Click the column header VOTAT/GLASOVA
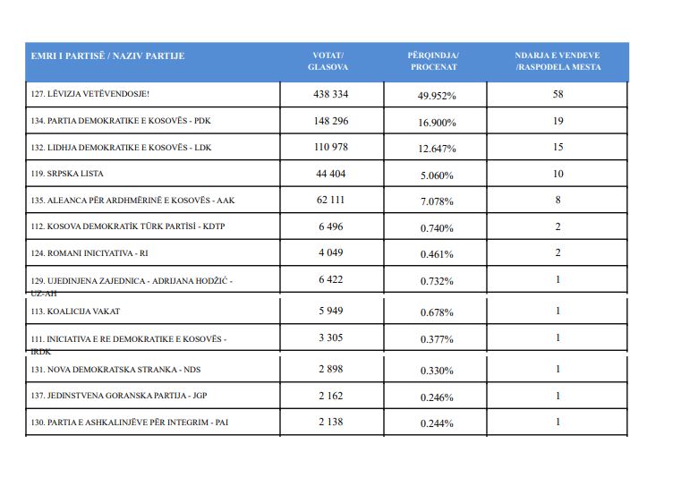pyautogui.click(x=328, y=61)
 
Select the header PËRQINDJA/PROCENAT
pyautogui.click(x=433, y=61)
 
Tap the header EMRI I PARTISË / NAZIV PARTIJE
pyautogui.click(x=107, y=56)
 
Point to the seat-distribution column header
pyautogui.click(x=558, y=61)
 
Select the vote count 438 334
pyautogui.click(x=331, y=94)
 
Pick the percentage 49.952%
pyautogui.click(x=437, y=96)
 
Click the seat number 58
pyautogui.click(x=558, y=94)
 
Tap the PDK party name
pyautogui.click(x=121, y=121)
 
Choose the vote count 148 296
pyautogui.click(x=331, y=121)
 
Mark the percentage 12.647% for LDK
pyautogui.click(x=437, y=149)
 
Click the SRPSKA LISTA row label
pyautogui.click(x=67, y=174)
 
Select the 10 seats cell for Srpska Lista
pyautogui.click(x=558, y=175)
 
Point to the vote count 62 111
pyautogui.click(x=330, y=201)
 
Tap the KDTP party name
pyautogui.click(x=128, y=226)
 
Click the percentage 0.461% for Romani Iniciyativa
pyautogui.click(x=437, y=254)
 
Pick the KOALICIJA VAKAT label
pyautogui.click(x=75, y=312)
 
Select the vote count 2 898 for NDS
pyautogui.click(x=331, y=369)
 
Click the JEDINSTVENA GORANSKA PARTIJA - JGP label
pyautogui.click(x=118, y=396)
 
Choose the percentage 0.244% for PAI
pyautogui.click(x=437, y=423)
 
